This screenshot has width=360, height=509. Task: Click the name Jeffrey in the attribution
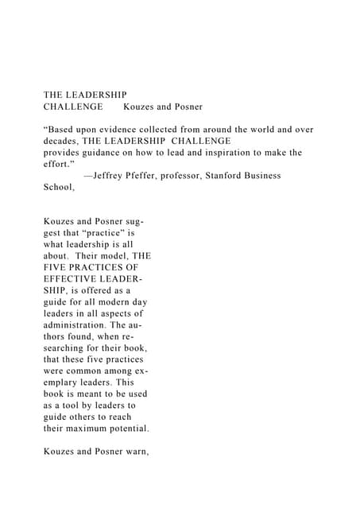click(113, 175)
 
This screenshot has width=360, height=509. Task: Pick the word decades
click(64, 141)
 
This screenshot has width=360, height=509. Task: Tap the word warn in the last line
click(135, 457)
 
